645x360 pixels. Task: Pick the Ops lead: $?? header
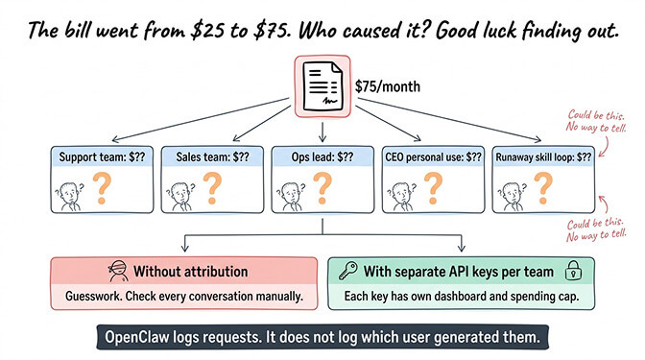pos(322,156)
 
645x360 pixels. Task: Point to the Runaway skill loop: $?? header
pos(543,156)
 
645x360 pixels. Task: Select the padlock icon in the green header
pos(573,271)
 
